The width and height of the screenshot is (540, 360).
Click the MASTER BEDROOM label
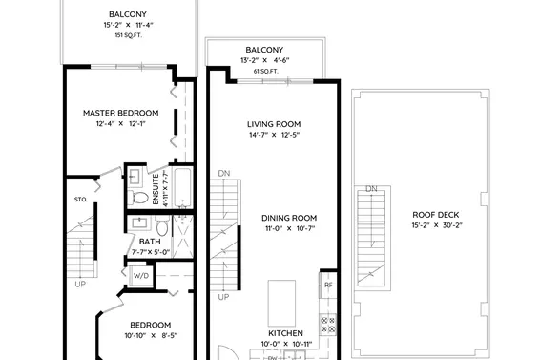point(119,112)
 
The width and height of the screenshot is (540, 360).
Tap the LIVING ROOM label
point(274,124)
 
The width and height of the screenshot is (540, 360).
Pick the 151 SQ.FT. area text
point(127,34)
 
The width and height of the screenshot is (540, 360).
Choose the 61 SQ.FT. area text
point(264,71)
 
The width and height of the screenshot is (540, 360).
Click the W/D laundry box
point(140,276)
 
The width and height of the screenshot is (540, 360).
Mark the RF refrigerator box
point(328,285)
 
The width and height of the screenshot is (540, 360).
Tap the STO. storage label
point(81,200)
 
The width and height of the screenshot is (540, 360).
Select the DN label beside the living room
point(224,173)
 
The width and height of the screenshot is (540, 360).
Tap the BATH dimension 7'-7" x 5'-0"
point(149,251)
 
